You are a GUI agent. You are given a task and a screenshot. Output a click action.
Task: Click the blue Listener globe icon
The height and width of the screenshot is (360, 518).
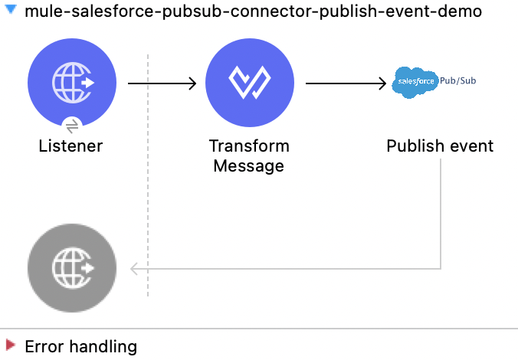tap(72, 83)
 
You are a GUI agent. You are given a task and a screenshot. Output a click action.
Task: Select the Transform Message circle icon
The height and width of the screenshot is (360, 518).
tap(250, 83)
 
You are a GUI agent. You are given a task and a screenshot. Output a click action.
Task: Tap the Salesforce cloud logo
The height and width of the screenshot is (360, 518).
tap(415, 82)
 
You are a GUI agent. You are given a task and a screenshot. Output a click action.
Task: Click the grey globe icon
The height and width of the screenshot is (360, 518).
tap(72, 268)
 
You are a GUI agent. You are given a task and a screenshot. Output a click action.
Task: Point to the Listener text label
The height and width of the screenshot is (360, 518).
tap(70, 146)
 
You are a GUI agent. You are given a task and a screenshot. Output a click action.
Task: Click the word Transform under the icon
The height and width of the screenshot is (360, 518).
tap(249, 146)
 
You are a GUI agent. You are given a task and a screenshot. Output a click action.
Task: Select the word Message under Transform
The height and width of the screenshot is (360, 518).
tap(249, 166)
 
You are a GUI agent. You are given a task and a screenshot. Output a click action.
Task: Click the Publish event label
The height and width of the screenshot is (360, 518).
tap(440, 146)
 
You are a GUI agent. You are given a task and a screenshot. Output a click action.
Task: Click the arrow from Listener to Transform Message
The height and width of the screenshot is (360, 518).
tap(162, 83)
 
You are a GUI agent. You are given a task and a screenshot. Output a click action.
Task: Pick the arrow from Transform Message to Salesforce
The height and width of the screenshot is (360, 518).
tap(345, 83)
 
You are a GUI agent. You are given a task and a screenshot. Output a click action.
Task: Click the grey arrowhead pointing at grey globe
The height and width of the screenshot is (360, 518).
tap(135, 268)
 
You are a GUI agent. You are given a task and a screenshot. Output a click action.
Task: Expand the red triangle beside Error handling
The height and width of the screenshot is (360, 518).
tap(10, 345)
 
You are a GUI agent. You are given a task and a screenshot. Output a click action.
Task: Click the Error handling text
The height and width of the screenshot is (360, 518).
tap(80, 346)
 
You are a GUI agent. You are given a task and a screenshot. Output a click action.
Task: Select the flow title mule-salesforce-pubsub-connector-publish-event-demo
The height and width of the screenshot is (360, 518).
tap(254, 13)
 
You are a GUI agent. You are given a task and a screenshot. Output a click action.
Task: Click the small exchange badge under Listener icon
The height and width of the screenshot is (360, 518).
tap(71, 126)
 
